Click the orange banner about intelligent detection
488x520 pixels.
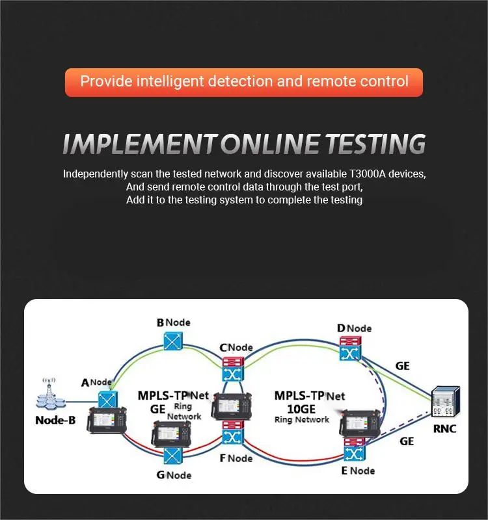[x=244, y=82]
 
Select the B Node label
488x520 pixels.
[x=174, y=322]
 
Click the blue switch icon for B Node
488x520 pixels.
[x=174, y=341]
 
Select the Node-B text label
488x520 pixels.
[x=55, y=420]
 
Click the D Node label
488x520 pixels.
[x=354, y=328]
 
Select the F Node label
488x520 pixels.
[x=236, y=458]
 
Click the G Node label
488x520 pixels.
[x=174, y=474]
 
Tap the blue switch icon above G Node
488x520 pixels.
[x=172, y=454]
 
